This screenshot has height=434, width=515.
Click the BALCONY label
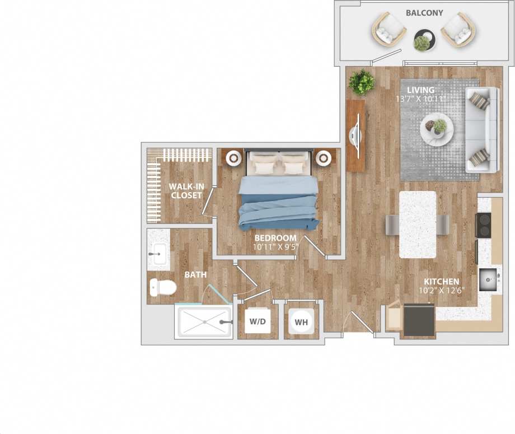click(x=424, y=13)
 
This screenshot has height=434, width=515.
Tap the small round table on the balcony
click(x=422, y=40)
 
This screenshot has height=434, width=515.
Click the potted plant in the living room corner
click(x=362, y=82)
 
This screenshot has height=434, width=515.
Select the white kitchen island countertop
click(x=418, y=224)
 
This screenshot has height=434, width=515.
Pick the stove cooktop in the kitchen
click(x=483, y=225)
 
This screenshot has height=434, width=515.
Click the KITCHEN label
click(x=441, y=282)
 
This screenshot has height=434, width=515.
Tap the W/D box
click(x=257, y=322)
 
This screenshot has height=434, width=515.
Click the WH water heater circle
click(x=301, y=322)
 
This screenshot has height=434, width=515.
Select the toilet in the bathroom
click(x=162, y=288)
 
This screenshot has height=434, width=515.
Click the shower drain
click(x=204, y=322)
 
